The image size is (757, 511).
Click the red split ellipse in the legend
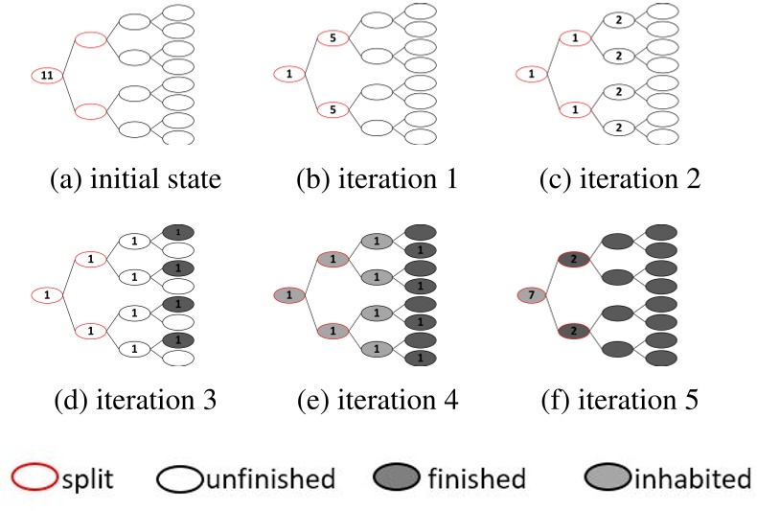click(35, 476)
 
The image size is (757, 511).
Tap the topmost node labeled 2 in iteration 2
click(619, 21)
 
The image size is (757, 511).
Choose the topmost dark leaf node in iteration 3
click(178, 232)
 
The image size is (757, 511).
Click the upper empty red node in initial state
click(90, 39)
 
